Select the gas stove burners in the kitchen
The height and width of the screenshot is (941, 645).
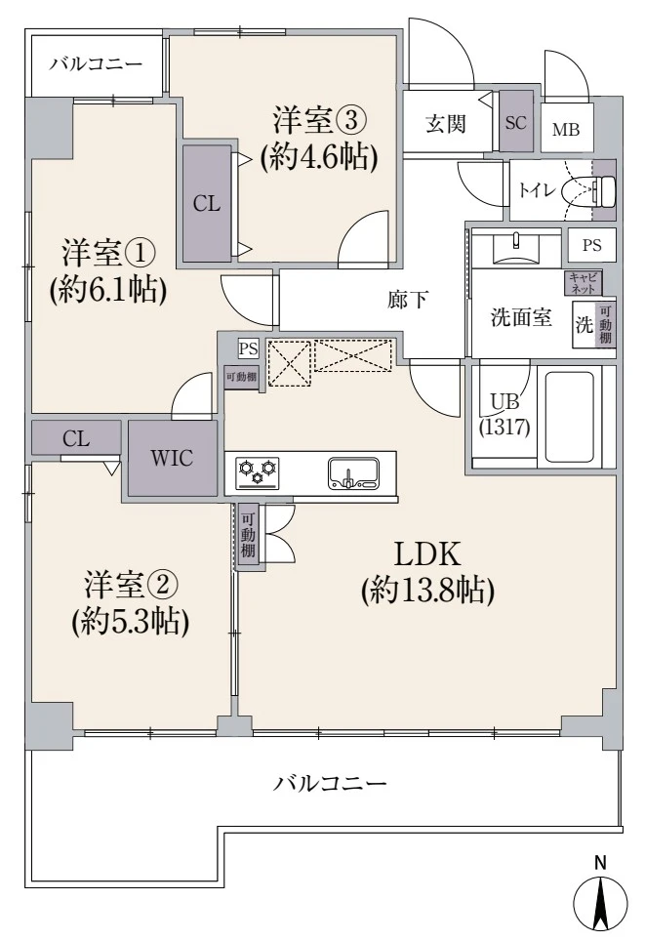(x=258, y=473)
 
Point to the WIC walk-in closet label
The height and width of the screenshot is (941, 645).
(x=172, y=458)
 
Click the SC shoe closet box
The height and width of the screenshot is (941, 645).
(x=516, y=123)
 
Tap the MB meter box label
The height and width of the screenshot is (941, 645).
(x=565, y=130)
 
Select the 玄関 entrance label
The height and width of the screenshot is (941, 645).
(x=445, y=124)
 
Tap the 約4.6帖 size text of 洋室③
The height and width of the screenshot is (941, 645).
(x=318, y=157)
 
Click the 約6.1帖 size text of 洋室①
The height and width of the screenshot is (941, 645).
(x=106, y=288)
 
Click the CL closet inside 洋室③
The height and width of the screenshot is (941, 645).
(x=206, y=203)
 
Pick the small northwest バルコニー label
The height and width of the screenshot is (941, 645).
(x=96, y=65)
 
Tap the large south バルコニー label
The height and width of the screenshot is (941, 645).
(x=330, y=782)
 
